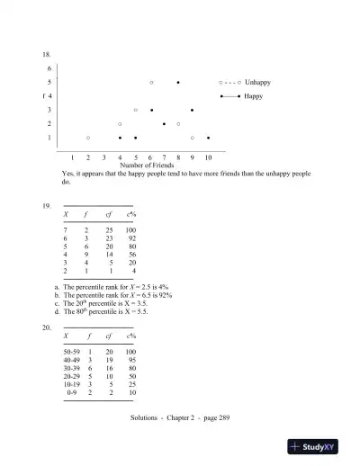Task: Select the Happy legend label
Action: point(253,95)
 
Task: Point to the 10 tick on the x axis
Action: point(208,157)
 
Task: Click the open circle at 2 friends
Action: point(88,138)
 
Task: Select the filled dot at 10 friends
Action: point(208,138)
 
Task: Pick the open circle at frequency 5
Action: point(151,82)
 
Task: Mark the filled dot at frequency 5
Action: point(178,82)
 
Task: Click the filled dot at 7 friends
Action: point(164,123)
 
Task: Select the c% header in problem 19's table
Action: point(130,216)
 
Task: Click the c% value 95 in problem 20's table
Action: point(131,360)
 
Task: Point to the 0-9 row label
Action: point(73,392)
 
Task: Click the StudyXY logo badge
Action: point(316,446)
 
